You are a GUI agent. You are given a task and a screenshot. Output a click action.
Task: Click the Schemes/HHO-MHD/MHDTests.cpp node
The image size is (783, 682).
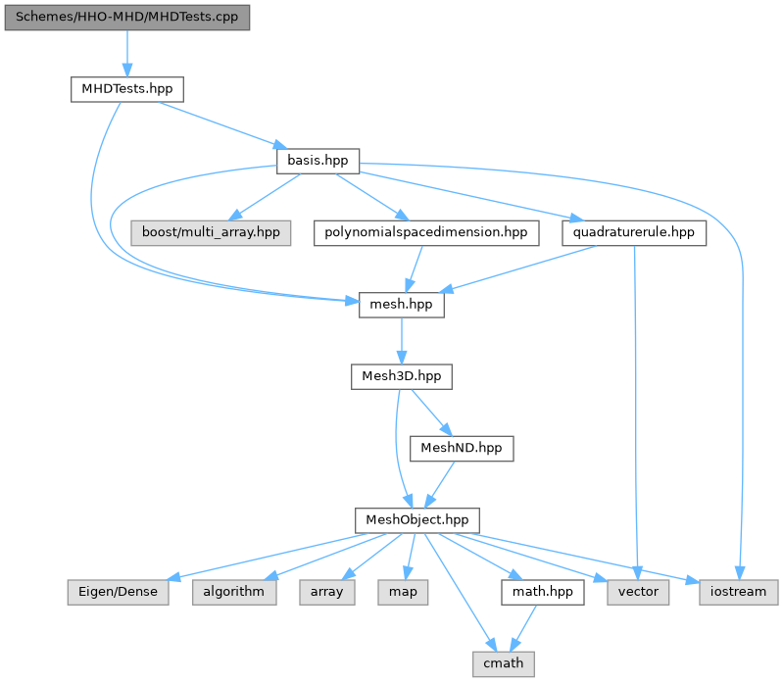(126, 18)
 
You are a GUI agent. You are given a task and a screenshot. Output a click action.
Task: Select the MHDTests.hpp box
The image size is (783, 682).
(126, 88)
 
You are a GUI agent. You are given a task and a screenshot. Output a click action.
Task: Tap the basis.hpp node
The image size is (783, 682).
(318, 160)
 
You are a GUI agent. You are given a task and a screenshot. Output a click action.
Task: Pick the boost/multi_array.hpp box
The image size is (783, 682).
(211, 233)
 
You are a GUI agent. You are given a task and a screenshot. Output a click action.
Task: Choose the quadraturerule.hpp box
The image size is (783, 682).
(634, 233)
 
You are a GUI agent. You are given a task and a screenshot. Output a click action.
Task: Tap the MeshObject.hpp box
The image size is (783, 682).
(417, 519)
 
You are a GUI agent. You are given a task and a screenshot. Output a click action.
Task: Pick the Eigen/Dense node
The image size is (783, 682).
(118, 592)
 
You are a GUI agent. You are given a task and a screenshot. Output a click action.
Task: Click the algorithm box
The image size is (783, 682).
(234, 592)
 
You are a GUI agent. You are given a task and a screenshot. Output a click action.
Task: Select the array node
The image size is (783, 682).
(327, 592)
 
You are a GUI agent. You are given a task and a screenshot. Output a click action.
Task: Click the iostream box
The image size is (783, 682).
(739, 592)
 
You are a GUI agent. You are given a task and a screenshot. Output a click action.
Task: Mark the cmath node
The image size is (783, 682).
(504, 663)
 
